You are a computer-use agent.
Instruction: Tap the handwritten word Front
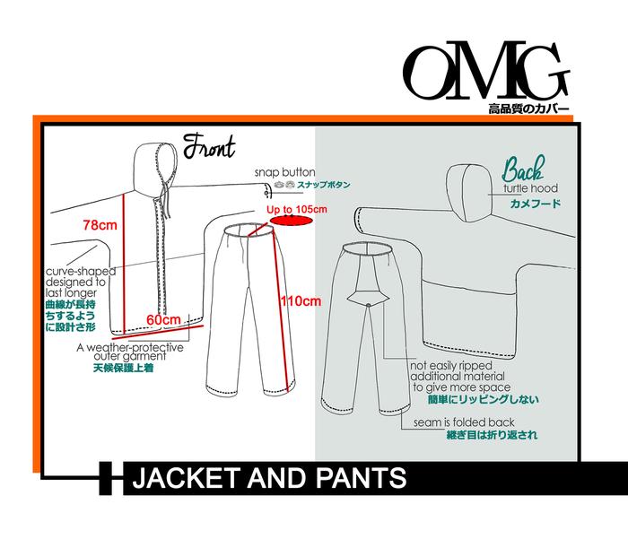[208, 146]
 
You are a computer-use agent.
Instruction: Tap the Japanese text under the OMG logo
[528, 109]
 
